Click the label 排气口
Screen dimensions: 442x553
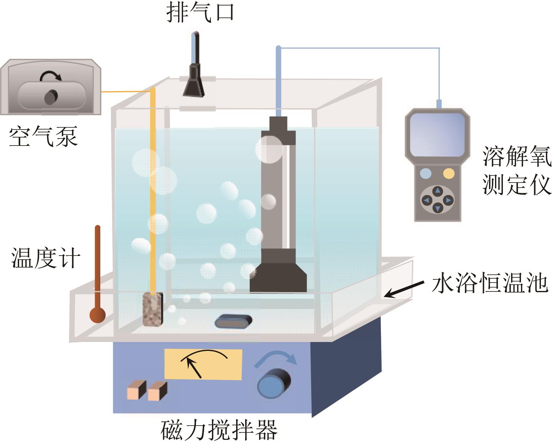(200, 14)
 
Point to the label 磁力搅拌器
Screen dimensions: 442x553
(219, 430)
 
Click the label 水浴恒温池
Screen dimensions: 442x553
(490, 283)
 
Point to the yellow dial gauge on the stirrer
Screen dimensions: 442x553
(203, 364)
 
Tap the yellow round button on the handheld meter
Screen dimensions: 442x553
(449, 173)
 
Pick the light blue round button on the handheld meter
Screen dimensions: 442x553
(426, 173)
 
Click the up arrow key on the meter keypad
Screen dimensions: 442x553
(438, 190)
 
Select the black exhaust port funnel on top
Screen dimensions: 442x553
(194, 81)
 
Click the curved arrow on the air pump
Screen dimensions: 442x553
(50, 75)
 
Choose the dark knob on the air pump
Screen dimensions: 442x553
(51, 96)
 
